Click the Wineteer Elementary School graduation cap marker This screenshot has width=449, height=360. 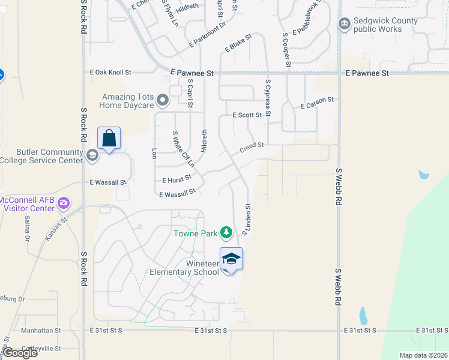pos(231,259)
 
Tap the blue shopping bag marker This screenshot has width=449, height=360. pos(109,138)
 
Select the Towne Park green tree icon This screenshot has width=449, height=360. pos(226,232)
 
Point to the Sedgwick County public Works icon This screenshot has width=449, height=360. pos(344,24)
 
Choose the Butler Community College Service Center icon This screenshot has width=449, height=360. pos(92,156)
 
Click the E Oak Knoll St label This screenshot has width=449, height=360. pos(110,72)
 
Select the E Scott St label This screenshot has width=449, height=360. pos(247,115)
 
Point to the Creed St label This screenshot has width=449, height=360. pos(252,146)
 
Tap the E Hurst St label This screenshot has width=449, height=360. pos(176,179)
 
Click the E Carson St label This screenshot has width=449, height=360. pos(317,103)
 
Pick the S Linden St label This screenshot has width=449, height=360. pos(246,219)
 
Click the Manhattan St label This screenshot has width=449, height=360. pos(41,331)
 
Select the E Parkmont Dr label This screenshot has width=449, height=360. pos(207,35)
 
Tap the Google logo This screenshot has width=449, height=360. pos(20,353)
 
